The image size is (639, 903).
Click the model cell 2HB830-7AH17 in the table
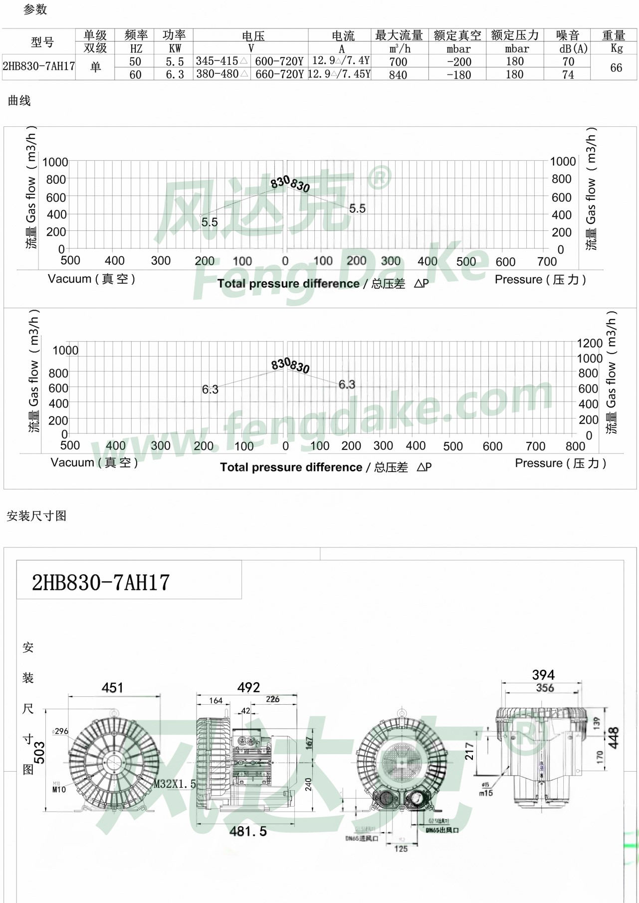[38, 66]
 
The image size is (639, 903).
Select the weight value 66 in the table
[616, 68]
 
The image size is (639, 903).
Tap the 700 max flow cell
[398, 62]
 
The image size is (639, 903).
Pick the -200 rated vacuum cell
[458, 62]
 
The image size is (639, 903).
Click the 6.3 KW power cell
[175, 74]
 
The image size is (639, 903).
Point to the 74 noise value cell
[568, 74]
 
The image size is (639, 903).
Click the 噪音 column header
[568, 35]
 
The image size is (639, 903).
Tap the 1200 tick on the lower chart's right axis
[589, 344]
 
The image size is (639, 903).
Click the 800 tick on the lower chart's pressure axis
[575, 446]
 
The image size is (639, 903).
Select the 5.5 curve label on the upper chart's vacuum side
[210, 222]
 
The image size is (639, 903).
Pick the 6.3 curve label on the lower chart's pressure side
[347, 385]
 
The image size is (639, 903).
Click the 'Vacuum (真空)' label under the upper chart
[91, 279]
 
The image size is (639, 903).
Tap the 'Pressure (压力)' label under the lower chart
[560, 463]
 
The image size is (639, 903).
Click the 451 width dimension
[112, 688]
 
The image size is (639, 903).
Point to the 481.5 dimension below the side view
[248, 831]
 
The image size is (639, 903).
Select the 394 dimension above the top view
[543, 675]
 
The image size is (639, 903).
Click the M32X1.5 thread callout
[175, 784]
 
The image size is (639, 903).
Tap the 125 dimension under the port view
[401, 849]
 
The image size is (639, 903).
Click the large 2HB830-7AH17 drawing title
[101, 583]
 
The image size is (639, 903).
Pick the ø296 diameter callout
[60, 731]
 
